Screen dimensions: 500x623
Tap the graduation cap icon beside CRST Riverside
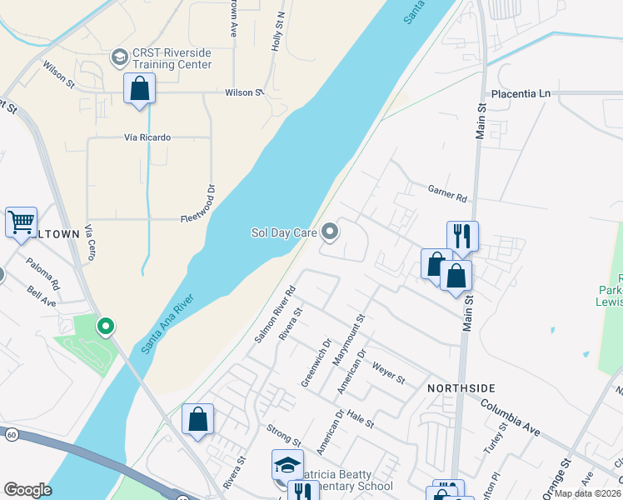pyautogui.click(x=119, y=57)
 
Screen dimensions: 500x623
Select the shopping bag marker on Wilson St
pyautogui.click(x=140, y=88)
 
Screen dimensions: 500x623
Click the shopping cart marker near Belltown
pyautogui.click(x=21, y=222)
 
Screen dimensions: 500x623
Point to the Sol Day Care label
pyautogui.click(x=284, y=233)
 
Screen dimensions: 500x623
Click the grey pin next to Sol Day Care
pyautogui.click(x=330, y=232)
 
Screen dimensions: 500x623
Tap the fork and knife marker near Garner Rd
pyautogui.click(x=462, y=236)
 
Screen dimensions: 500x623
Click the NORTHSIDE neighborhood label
pyautogui.click(x=461, y=388)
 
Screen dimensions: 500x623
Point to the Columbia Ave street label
pyautogui.click(x=511, y=415)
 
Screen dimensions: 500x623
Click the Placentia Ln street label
pyautogui.click(x=521, y=93)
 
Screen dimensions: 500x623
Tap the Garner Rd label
pyautogui.click(x=447, y=194)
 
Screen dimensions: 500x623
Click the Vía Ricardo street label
pyautogui.click(x=148, y=137)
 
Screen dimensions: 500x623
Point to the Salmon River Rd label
pyautogui.click(x=276, y=318)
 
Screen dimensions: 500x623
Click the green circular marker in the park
pyautogui.click(x=106, y=326)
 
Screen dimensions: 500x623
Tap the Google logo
pyautogui.click(x=27, y=490)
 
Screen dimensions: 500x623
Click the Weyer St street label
pyautogui.click(x=388, y=372)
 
